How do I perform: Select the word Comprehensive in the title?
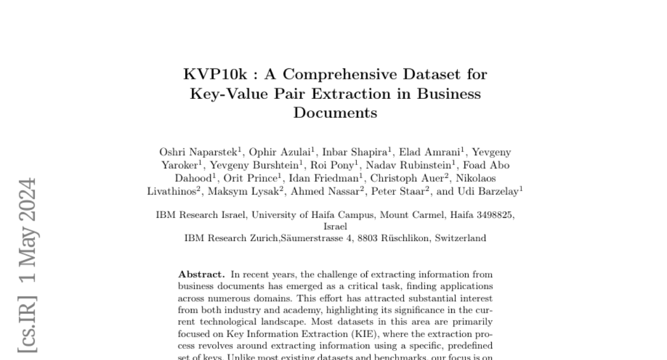[339, 74]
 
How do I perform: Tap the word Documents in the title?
[335, 113]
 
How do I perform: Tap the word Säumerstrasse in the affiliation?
[313, 238]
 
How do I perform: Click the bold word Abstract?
[201, 274]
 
